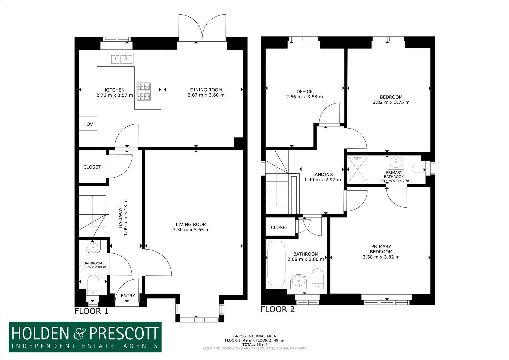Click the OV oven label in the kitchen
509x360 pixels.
coord(90,124)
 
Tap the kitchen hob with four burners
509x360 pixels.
coord(144,92)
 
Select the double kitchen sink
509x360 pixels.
coord(122,59)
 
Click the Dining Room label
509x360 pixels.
coord(206,90)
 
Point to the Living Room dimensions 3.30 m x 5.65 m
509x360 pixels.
coord(191,230)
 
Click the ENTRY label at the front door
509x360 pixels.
coord(128,296)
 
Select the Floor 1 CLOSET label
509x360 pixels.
coord(92,167)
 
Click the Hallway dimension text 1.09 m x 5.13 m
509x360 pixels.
coord(126,217)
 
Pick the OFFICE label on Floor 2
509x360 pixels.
coord(304,92)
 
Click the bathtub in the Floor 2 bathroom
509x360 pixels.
coord(277,264)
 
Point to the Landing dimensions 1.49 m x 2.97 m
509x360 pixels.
coord(323,180)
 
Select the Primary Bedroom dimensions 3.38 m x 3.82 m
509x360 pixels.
coord(381,257)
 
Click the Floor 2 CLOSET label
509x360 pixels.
coord(279,227)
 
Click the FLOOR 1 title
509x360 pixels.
coord(92,311)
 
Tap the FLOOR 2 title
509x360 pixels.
coord(278,309)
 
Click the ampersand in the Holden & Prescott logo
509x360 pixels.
coord(79,334)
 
